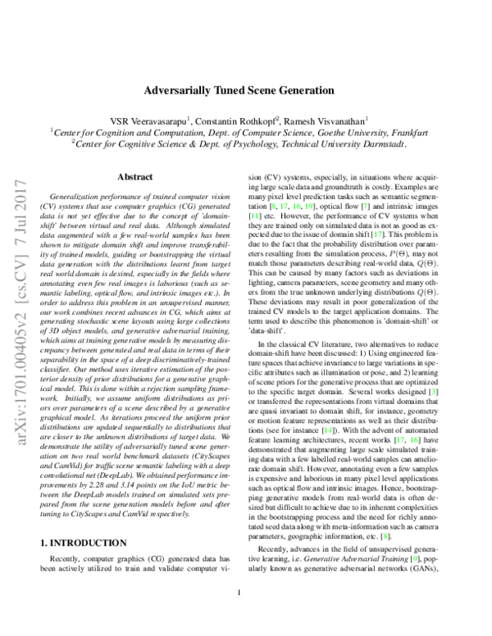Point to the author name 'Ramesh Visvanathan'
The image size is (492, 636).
point(327,118)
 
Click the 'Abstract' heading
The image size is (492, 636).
point(134,176)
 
